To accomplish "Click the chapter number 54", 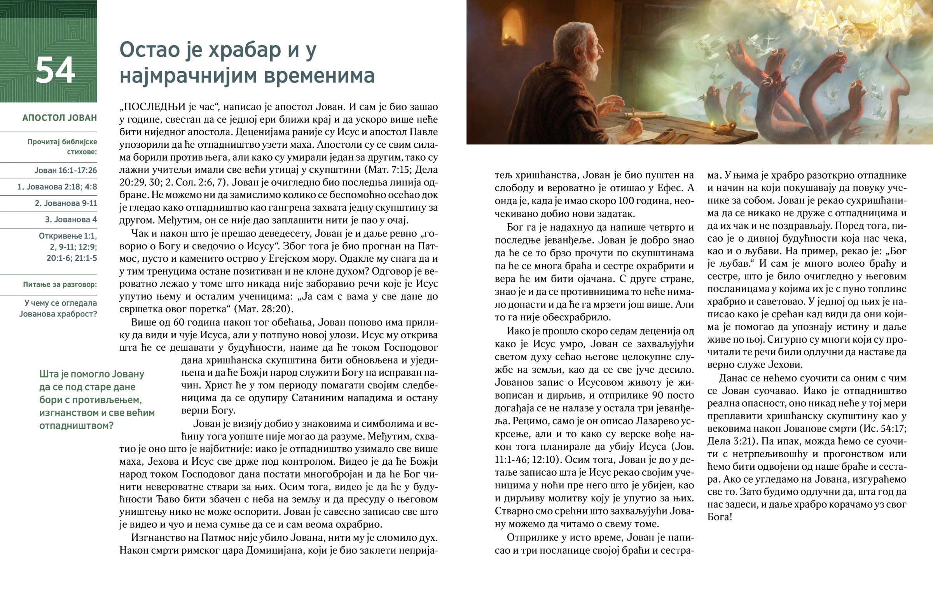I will click(55, 70).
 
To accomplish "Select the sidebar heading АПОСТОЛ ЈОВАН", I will click(59, 118).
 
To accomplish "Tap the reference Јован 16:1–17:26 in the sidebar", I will click(65, 170).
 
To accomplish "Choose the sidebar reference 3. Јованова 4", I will click(71, 219).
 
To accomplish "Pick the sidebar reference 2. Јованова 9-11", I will click(66, 203).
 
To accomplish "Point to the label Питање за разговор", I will click(60, 284).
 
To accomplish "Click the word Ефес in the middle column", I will click(671, 188).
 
